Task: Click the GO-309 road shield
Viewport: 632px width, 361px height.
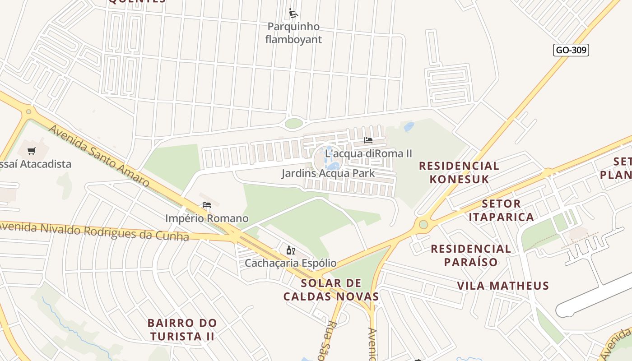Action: point(571,50)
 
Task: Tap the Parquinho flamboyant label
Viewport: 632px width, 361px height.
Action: point(293,33)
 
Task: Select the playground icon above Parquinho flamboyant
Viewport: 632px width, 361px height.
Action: point(293,13)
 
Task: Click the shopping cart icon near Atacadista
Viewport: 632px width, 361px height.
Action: point(31,151)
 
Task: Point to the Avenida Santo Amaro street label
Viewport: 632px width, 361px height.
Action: point(99,156)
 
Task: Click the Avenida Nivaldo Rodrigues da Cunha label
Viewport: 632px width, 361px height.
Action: point(94,231)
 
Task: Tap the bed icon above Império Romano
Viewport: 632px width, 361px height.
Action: point(207,205)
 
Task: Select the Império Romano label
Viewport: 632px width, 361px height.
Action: point(207,218)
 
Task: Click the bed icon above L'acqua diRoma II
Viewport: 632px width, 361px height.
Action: point(368,140)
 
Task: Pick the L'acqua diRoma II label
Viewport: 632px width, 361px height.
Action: point(368,153)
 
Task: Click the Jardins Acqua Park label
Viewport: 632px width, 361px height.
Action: point(328,173)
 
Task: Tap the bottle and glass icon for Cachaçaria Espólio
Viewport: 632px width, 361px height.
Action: point(290,250)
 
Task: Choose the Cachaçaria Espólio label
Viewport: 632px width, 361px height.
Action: point(290,263)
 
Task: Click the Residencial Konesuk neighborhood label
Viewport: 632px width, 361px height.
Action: point(459,172)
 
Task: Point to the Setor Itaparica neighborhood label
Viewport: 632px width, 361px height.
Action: point(501,210)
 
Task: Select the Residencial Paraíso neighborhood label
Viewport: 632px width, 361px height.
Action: point(471,255)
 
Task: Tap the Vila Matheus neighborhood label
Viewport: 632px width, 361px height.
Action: point(503,286)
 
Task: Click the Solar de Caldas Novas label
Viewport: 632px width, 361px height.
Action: point(331,290)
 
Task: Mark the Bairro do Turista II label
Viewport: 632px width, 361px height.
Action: point(182,330)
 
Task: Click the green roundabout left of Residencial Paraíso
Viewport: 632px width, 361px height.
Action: point(423,224)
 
